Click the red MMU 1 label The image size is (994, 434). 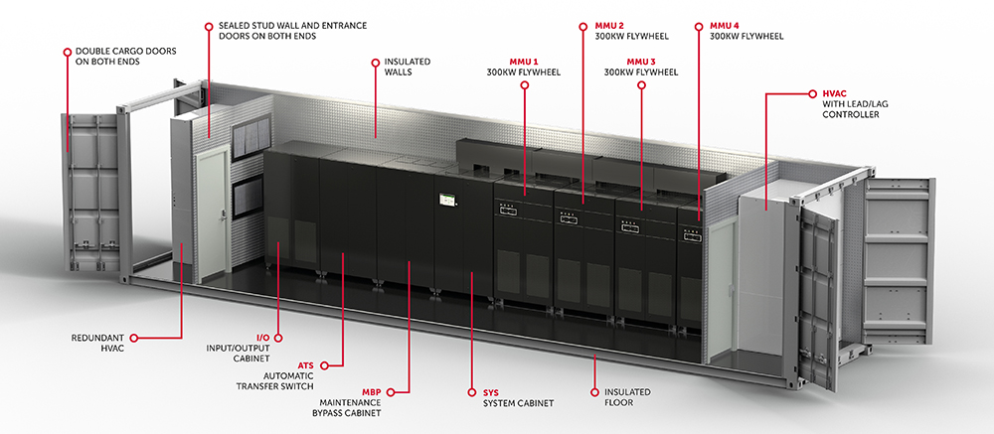pos(523,61)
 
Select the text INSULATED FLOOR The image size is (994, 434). pos(631,397)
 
